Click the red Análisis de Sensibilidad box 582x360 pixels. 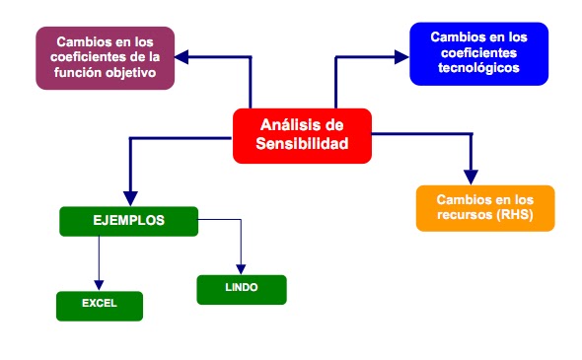tap(303, 135)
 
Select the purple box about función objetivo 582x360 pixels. tap(106, 57)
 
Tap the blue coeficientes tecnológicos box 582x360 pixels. tap(478, 53)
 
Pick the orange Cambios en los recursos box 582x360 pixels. tap(484, 207)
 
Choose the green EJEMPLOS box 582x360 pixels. tap(128, 221)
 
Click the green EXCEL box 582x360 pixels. tap(100, 305)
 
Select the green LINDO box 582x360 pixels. tap(241, 289)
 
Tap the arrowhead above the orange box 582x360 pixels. tap(471, 174)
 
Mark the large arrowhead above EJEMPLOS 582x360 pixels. tap(129, 194)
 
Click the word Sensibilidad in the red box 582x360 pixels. tap(303, 145)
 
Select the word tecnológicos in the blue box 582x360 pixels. tap(478, 68)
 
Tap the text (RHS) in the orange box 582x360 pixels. tap(510, 216)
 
